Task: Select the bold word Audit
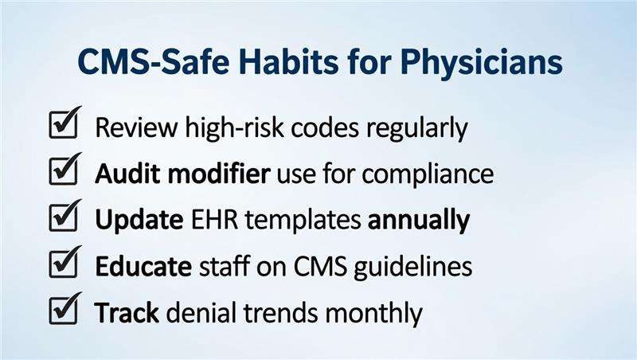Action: tap(123, 174)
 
